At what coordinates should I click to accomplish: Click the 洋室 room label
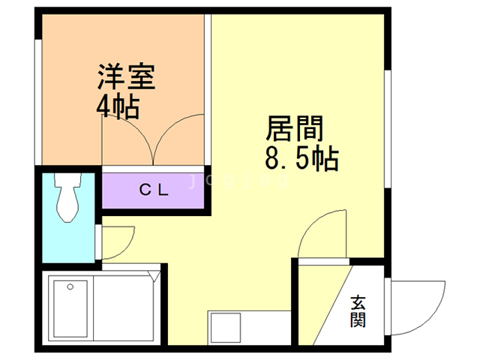[127, 76]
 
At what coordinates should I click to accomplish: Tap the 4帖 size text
[118, 107]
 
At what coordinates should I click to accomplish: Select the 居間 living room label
[295, 128]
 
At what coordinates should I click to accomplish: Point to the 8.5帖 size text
[301, 159]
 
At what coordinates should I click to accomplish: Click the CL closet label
[154, 190]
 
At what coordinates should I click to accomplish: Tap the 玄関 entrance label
[358, 310]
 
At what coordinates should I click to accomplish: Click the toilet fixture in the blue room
[67, 196]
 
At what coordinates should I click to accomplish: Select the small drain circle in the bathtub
[70, 286]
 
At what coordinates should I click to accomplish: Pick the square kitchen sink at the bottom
[226, 328]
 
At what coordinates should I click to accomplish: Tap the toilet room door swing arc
[127, 248]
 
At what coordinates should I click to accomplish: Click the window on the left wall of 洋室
[38, 102]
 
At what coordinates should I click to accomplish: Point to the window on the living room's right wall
[388, 129]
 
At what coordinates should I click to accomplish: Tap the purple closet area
[153, 190]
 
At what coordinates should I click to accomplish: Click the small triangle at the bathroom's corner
[154, 275]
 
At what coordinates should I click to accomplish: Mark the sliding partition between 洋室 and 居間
[208, 89]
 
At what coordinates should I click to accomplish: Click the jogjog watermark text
[238, 181]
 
